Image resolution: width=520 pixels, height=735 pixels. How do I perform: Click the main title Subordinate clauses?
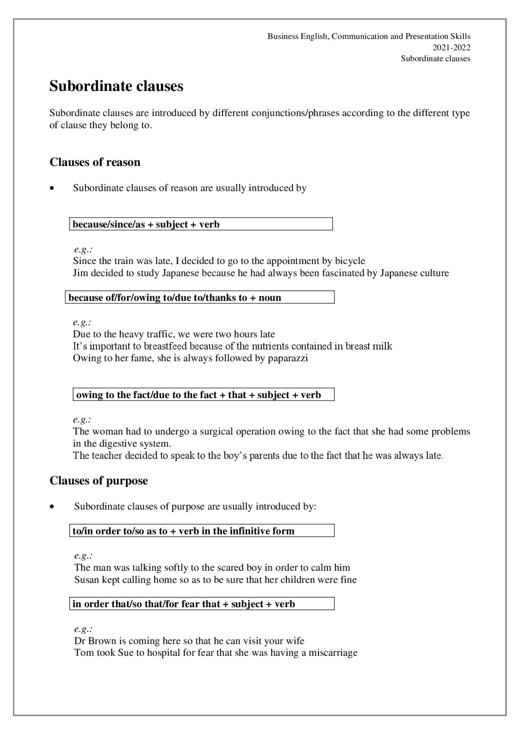point(116,86)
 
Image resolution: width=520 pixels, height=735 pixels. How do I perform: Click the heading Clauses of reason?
point(95,162)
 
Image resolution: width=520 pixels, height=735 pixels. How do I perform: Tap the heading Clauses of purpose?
point(98,481)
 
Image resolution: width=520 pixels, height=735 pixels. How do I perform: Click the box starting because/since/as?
point(201,224)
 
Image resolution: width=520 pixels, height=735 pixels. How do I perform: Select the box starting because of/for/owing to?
point(199,297)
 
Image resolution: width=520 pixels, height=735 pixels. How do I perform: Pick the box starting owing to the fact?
point(203,395)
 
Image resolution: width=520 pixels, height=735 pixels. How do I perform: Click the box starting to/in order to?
point(201,531)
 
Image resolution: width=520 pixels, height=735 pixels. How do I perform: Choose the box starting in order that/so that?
point(201,604)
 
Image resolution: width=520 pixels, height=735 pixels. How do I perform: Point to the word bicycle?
point(350,261)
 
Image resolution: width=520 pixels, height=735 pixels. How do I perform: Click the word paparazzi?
point(288,358)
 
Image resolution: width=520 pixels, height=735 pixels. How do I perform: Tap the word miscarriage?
point(333,653)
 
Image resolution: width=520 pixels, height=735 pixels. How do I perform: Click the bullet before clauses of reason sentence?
point(52,188)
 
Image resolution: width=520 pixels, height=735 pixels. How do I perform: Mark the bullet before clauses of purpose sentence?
point(52,507)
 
